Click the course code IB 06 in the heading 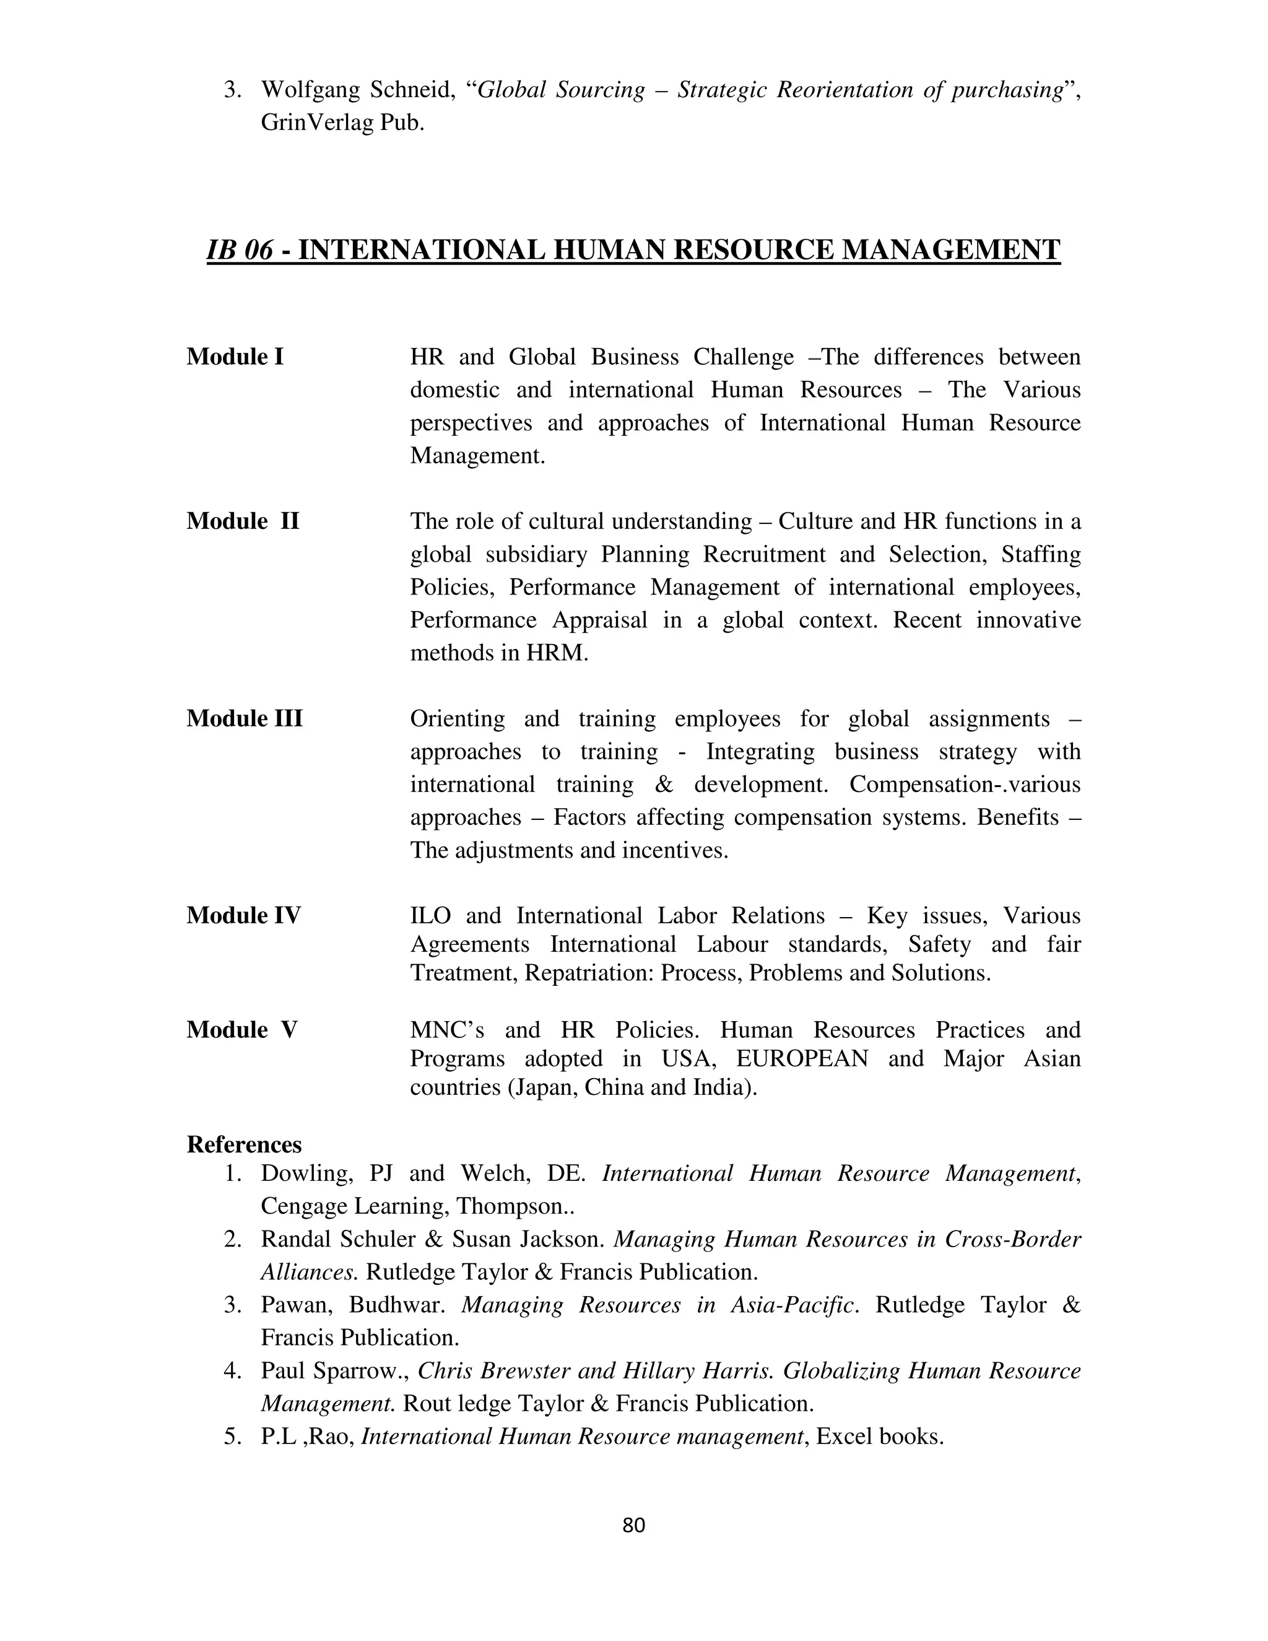pyautogui.click(x=240, y=250)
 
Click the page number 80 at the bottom pyautogui.click(x=634, y=1525)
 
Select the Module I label pyautogui.click(x=235, y=356)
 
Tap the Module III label pyautogui.click(x=244, y=718)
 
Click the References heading pyautogui.click(x=244, y=1144)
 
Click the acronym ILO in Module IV pyautogui.click(x=430, y=915)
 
